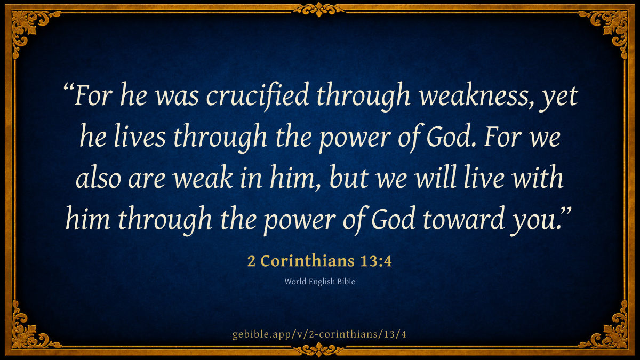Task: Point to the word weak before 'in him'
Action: (203, 177)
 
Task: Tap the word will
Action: (435, 177)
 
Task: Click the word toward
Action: (463, 219)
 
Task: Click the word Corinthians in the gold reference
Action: (307, 261)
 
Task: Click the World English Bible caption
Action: (319, 282)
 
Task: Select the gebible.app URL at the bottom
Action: (319, 334)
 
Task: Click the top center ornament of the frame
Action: (319, 10)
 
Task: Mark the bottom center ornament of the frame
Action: (319, 350)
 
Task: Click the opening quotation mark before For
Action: (69, 87)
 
